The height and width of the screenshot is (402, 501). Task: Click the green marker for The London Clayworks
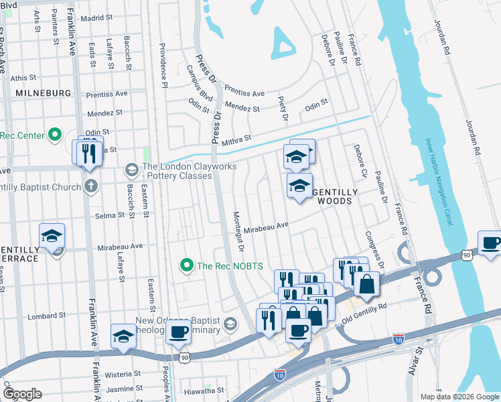tap(131, 167)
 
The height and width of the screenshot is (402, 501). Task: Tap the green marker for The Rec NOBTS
tap(188, 266)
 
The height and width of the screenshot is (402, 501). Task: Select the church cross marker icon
tap(90, 186)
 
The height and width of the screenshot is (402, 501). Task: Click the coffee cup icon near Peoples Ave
tap(179, 332)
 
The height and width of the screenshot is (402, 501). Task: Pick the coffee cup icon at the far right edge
tap(490, 243)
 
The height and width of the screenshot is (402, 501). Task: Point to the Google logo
tap(22, 393)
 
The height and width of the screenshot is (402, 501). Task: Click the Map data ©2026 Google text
tap(459, 397)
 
